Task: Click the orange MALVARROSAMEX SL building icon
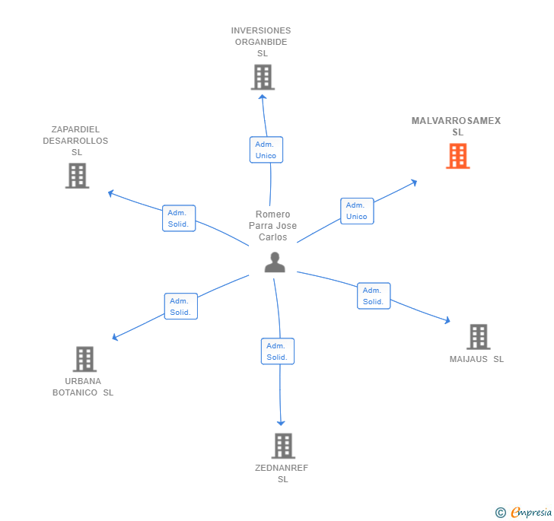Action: [457, 155]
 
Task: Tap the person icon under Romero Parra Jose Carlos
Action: [275, 262]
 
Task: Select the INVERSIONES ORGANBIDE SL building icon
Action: [263, 77]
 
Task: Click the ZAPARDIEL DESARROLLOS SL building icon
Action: [77, 176]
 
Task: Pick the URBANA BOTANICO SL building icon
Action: [84, 359]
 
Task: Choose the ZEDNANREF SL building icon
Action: [282, 446]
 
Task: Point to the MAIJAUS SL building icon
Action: [478, 336]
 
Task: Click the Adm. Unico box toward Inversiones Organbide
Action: [266, 150]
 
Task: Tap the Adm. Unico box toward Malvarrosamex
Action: [356, 211]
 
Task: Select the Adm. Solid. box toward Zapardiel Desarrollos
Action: [180, 218]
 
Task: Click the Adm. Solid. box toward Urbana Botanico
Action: [180, 307]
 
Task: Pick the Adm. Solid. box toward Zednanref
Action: [277, 351]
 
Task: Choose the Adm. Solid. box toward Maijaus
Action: [373, 296]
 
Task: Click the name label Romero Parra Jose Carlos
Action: [272, 226]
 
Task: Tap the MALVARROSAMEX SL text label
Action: [456, 126]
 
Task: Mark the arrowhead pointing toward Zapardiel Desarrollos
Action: [111, 193]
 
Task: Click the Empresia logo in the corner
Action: [531, 513]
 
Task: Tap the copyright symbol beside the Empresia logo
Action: [501, 513]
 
